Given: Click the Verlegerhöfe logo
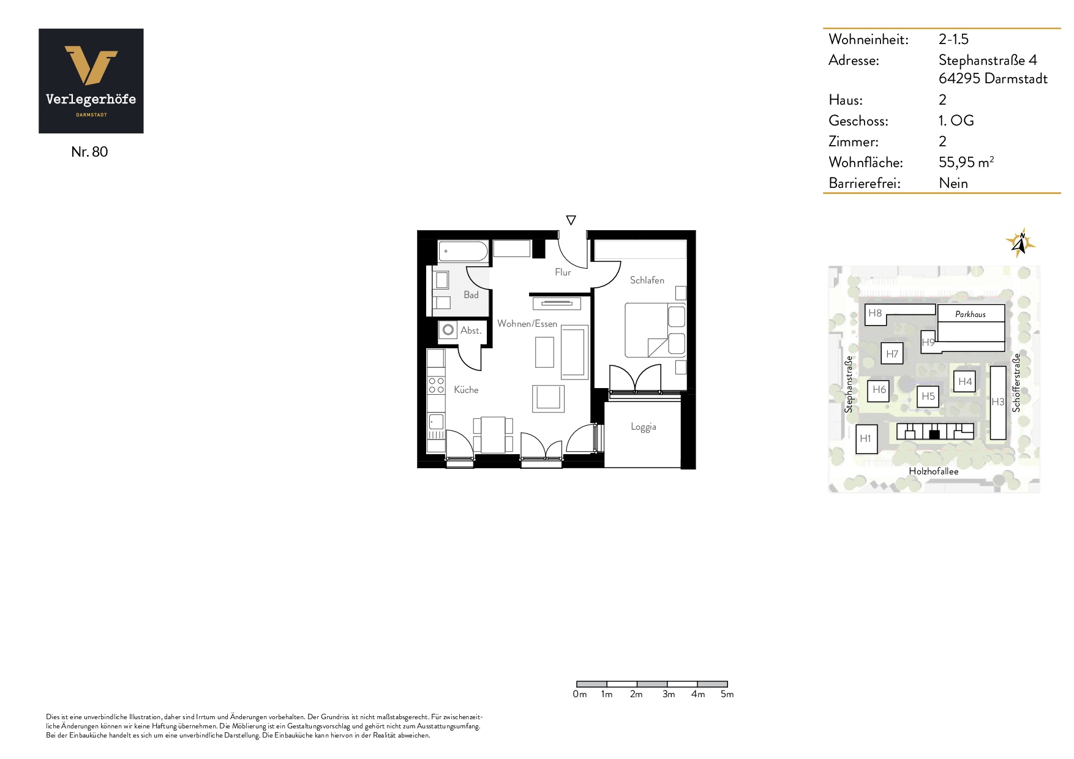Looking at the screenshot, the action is point(91,81).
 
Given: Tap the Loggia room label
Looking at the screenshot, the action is point(644,427).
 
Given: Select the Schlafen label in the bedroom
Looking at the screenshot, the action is point(647,280).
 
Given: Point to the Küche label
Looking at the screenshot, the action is point(466,389).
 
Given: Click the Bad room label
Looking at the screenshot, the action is point(471,295).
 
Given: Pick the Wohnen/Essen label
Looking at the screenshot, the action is point(527,324).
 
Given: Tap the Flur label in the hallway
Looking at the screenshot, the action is point(563,272).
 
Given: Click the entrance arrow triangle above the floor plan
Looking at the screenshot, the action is point(571,220).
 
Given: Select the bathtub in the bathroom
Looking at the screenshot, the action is point(464,251).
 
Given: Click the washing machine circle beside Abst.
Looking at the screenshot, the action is point(448,330).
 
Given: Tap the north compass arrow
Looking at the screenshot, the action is point(1020,243).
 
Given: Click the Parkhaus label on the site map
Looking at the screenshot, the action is point(971,314).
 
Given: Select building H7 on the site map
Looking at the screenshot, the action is point(892,354).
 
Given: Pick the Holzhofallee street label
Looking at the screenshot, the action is point(934,471).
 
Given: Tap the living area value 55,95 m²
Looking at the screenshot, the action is point(966,162).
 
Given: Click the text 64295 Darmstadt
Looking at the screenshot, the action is point(993,78).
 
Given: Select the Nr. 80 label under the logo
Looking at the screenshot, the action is point(89,152).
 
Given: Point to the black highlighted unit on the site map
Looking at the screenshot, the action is point(934,435).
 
